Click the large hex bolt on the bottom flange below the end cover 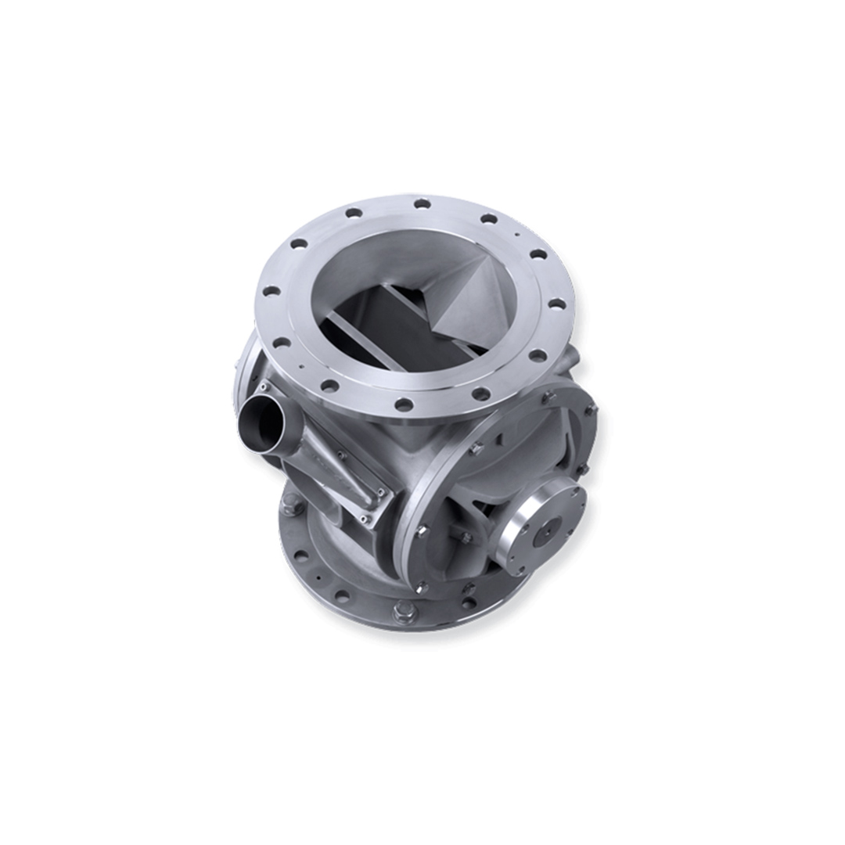click(404, 608)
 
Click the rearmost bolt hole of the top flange click(422, 204)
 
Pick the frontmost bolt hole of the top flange click(404, 405)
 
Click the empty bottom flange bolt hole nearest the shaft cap click(469, 602)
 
